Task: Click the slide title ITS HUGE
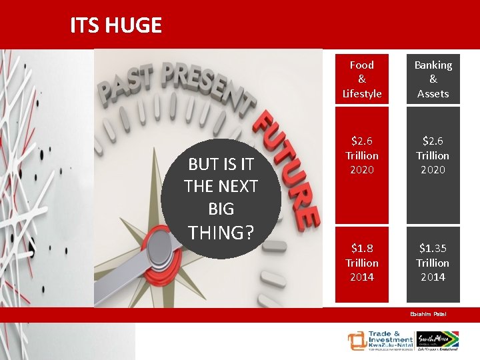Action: pos(116,25)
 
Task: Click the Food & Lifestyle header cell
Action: pos(362,79)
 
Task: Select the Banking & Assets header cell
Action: pos(433,79)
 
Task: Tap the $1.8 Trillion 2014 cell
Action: pos(362,263)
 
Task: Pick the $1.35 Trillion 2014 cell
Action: pos(433,263)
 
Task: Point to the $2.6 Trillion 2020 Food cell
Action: pos(362,155)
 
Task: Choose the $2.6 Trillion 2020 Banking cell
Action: pos(433,155)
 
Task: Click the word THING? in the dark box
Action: pos(221,232)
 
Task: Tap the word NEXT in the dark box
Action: pos(237,187)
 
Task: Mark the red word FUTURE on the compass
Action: pos(287,167)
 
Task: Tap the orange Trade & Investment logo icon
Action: pos(357,341)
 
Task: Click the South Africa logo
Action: pos(439,341)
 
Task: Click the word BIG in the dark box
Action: pos(221,209)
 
